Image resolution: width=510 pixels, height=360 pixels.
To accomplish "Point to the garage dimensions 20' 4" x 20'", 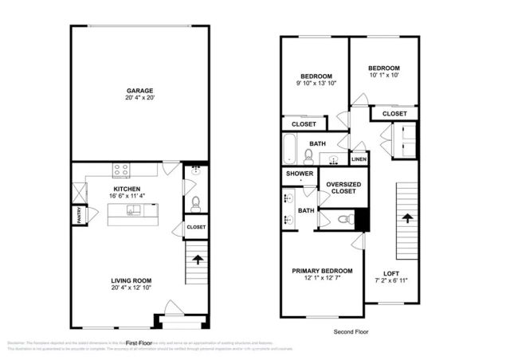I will (139, 100).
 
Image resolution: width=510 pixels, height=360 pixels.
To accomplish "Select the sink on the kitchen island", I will (133, 210).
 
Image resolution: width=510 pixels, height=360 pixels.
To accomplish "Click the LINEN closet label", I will (359, 160).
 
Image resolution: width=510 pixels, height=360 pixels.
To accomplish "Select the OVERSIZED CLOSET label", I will (341, 188).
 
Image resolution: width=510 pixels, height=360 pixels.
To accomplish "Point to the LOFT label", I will (392, 272).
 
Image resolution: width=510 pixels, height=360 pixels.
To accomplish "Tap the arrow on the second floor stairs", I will (406, 216).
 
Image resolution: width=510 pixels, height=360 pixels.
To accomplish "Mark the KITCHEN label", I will (127, 190).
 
